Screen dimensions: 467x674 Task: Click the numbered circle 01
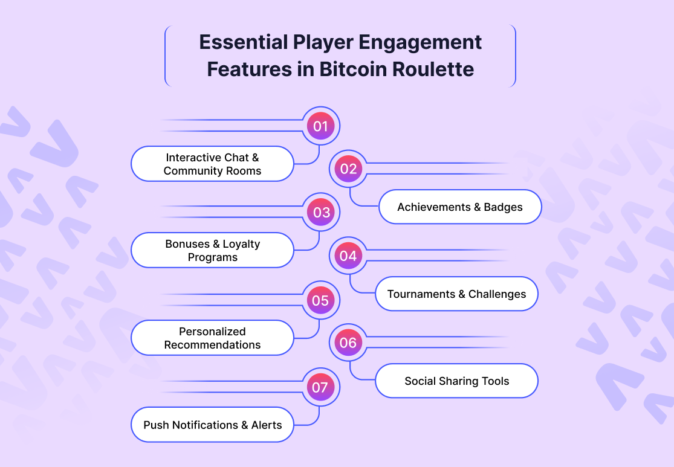click(x=320, y=126)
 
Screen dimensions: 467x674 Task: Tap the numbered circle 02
click(x=348, y=169)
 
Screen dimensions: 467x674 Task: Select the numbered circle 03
click(x=320, y=213)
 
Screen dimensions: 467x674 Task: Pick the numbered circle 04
click(x=348, y=256)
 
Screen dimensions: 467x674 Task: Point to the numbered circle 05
click(x=320, y=300)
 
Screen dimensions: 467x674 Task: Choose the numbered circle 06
click(x=348, y=343)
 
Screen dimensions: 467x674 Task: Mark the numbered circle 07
click(x=320, y=387)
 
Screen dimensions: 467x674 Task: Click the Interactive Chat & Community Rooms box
click(x=212, y=164)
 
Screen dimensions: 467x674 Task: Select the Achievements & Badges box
click(x=459, y=207)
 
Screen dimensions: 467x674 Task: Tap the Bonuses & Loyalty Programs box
click(x=212, y=250)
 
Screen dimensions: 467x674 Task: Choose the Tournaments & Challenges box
click(x=456, y=294)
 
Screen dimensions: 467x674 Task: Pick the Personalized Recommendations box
click(x=212, y=338)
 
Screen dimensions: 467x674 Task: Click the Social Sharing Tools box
click(x=456, y=381)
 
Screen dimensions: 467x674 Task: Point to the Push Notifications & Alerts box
click(x=212, y=425)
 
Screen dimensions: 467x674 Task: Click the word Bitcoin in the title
click(x=351, y=69)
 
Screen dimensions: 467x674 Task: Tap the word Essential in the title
click(x=242, y=42)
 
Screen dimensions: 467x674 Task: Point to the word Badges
click(x=503, y=207)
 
